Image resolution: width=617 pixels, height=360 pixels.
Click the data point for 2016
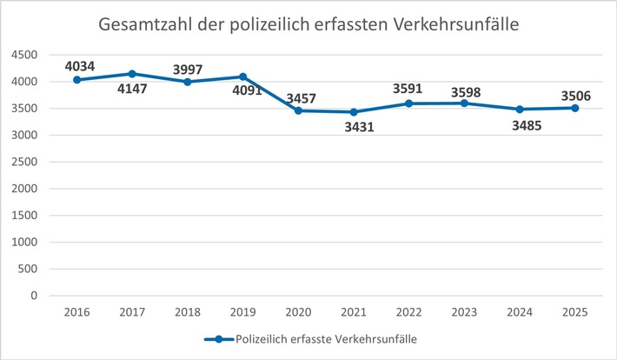(x=77, y=80)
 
